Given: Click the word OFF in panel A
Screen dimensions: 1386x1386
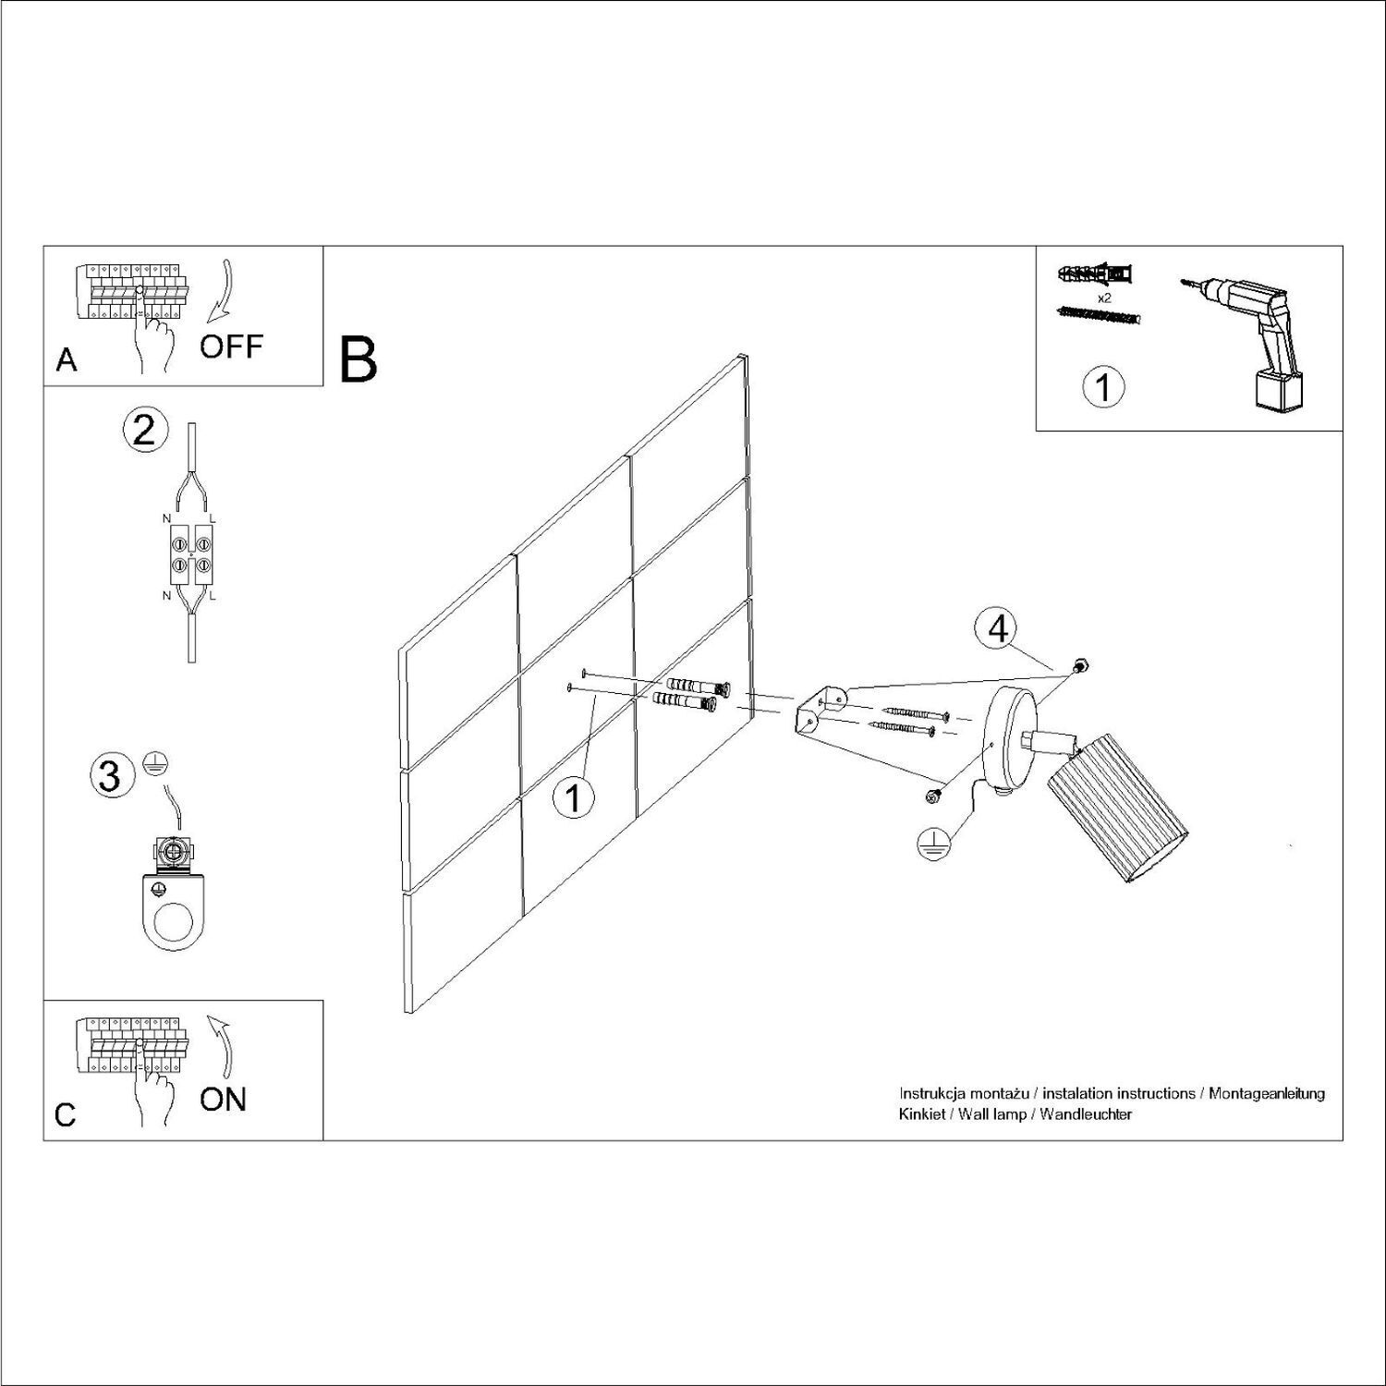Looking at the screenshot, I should point(231,347).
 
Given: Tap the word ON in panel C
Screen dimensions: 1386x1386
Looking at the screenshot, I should point(224,1100).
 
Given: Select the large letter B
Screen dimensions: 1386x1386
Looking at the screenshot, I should point(359,360).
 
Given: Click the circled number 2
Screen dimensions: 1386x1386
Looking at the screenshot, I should point(145,431).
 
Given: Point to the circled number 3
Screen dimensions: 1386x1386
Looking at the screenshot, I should point(110,775).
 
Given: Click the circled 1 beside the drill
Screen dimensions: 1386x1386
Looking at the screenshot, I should point(1103,387).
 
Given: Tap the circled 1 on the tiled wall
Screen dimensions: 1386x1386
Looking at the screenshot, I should point(574,797).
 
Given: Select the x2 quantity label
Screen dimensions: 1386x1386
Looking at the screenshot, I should point(1103,298).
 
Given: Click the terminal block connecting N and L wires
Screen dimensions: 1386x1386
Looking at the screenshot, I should point(190,553).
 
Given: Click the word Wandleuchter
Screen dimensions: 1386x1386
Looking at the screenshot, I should point(1086,1114).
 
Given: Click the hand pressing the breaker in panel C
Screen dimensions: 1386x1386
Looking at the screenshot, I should point(152,1095).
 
